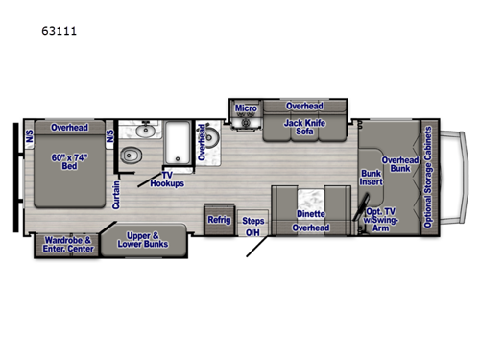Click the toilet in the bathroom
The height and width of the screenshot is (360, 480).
134,156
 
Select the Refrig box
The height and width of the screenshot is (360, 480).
220,220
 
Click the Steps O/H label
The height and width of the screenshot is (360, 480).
252,226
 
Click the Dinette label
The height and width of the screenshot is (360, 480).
310,213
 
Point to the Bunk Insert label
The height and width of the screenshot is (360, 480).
371,180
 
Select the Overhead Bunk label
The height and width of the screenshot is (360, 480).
399,166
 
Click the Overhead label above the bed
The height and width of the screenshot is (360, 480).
70,127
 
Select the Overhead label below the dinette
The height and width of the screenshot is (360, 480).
310,228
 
